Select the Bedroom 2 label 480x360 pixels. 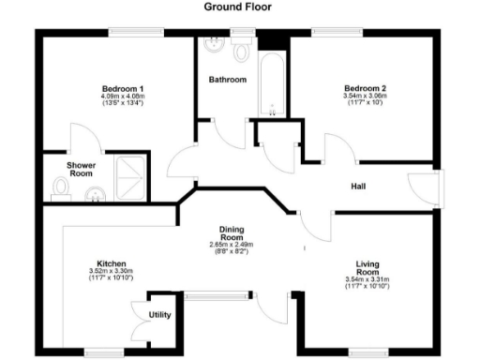pyautogui.click(x=365, y=87)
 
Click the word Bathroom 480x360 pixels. pyautogui.click(x=228, y=80)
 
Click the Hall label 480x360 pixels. pyautogui.click(x=357, y=186)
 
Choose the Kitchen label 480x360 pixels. pyautogui.click(x=112, y=263)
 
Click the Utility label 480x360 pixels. pyautogui.click(x=159, y=315)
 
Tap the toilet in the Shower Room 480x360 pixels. pyautogui.click(x=62, y=188)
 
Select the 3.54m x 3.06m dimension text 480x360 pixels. pyautogui.click(x=365, y=97)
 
